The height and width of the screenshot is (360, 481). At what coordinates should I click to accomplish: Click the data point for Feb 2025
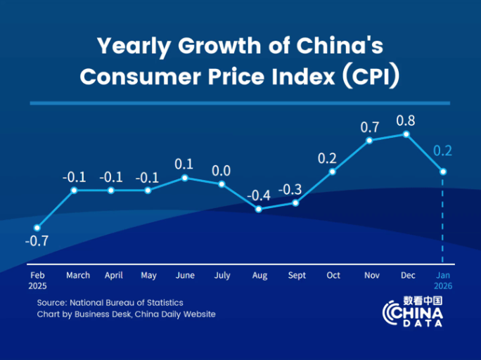point(37,227)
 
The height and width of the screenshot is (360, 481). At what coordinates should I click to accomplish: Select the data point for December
point(406,134)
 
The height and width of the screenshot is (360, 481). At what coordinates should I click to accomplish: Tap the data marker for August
point(259,209)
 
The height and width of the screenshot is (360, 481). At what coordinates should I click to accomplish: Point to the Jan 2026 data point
point(442,171)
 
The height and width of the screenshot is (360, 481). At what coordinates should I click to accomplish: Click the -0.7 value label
point(37,241)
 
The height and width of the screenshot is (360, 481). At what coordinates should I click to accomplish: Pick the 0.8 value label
point(406,120)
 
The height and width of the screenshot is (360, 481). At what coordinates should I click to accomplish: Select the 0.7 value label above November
point(370,127)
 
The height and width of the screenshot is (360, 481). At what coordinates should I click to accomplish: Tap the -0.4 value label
point(259,195)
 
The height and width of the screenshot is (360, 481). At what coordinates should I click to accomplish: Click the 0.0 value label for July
point(222,170)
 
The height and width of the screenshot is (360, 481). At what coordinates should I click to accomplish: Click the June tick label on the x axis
point(185,276)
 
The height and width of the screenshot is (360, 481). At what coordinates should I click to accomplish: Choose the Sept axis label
point(297,276)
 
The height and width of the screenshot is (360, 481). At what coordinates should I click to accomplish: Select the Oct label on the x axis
point(333,276)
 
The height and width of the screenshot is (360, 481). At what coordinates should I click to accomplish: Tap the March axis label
point(78,276)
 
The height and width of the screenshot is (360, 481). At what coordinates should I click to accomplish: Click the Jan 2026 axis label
point(442,281)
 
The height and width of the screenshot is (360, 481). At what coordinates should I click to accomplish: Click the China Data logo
point(413,311)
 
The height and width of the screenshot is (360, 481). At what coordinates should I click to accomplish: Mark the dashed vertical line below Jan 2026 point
point(442,218)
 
